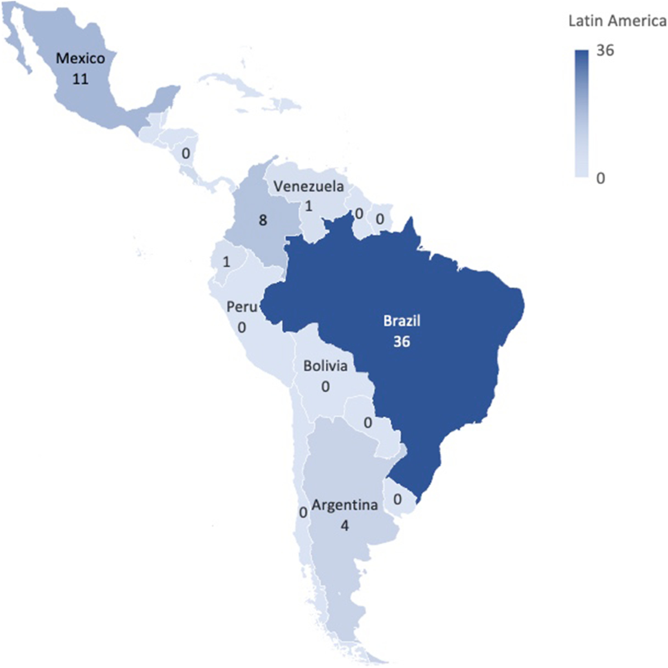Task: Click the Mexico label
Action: coord(80,58)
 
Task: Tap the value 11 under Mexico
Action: coord(80,78)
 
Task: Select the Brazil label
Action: coord(401,321)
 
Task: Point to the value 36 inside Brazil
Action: coord(401,341)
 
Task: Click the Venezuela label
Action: coord(309,186)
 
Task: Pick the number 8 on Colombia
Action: coord(263,220)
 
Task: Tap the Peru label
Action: coord(242,307)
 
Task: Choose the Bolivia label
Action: coord(325,366)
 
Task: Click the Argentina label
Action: coord(345,505)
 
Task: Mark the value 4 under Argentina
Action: coord(345,525)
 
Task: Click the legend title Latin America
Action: coord(617,21)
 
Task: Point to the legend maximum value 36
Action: coord(605,51)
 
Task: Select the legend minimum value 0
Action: coord(600,179)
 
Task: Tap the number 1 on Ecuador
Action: coord(226,262)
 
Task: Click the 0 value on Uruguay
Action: coord(397,499)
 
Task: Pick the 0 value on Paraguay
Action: coord(368,423)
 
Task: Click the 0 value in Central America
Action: coord(185,153)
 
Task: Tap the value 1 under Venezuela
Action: coord(308,206)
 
